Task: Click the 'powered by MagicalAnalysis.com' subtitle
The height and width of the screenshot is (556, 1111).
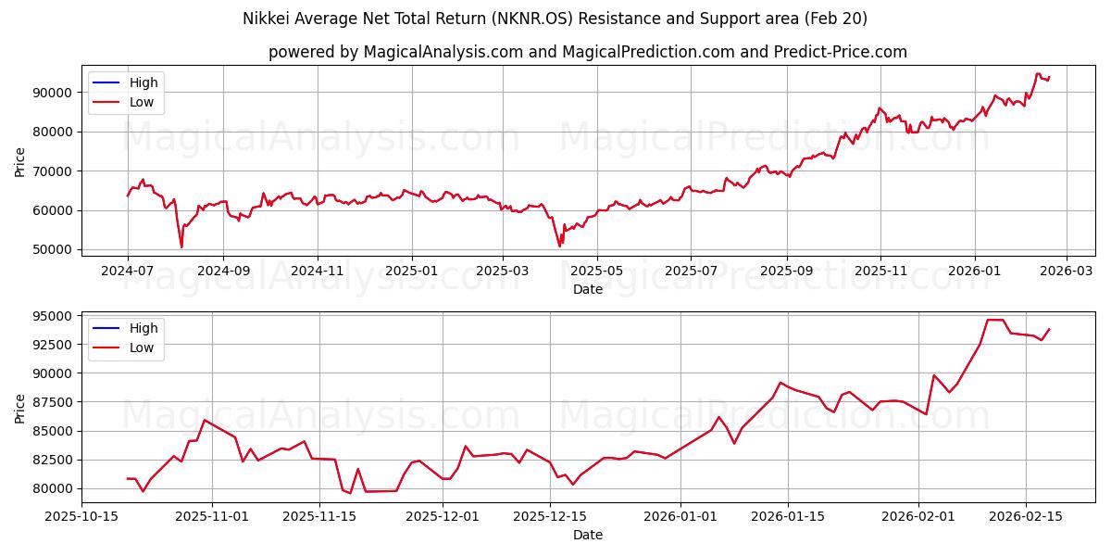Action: pyautogui.click(x=587, y=52)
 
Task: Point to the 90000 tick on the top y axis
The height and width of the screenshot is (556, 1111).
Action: pyautogui.click(x=54, y=93)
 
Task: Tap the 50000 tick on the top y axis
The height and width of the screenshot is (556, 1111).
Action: pyautogui.click(x=54, y=249)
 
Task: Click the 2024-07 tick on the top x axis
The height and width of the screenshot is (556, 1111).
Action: pyautogui.click(x=128, y=271)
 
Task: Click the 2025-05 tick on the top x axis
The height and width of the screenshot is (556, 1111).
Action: pyautogui.click(x=596, y=271)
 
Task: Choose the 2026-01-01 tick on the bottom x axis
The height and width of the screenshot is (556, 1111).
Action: pyautogui.click(x=680, y=516)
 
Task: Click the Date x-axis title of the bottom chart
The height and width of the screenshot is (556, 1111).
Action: pyautogui.click(x=587, y=535)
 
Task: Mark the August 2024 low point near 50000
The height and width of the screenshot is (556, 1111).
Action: pyautogui.click(x=181, y=246)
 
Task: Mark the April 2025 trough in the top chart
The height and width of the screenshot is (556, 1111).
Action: pyautogui.click(x=559, y=246)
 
